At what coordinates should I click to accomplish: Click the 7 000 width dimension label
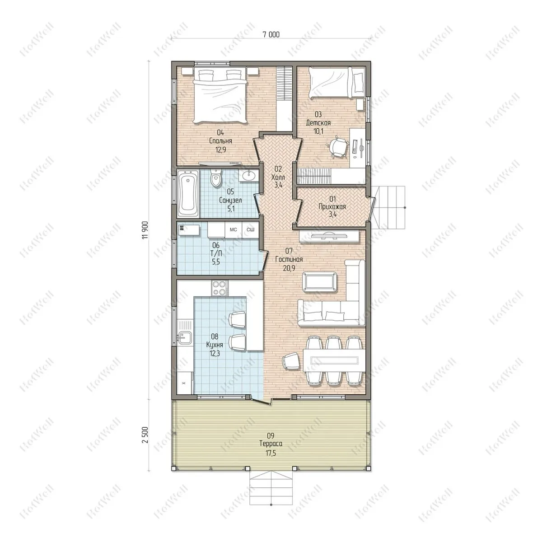click(x=271, y=34)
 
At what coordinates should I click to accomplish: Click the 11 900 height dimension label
click(x=145, y=230)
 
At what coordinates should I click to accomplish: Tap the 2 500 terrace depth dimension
click(x=145, y=435)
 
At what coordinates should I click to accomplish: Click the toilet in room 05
click(x=216, y=177)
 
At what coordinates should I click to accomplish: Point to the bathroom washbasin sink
click(x=249, y=176)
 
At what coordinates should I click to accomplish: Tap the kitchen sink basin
click(x=185, y=337)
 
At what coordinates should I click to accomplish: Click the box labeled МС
click(x=233, y=230)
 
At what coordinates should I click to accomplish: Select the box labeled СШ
click(x=250, y=230)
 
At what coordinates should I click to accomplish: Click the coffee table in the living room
click(x=319, y=282)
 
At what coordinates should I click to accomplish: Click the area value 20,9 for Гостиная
click(x=289, y=268)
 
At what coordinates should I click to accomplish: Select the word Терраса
click(x=271, y=444)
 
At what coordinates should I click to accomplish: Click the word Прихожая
click(x=332, y=207)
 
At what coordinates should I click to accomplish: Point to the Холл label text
click(x=278, y=178)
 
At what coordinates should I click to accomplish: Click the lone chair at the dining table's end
click(x=291, y=361)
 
